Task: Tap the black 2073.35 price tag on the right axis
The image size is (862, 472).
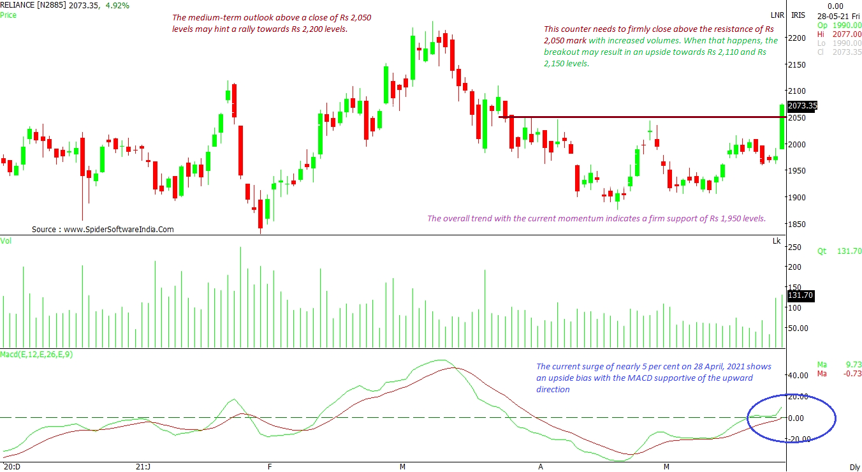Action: (x=802, y=106)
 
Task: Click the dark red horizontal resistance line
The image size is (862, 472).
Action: (x=638, y=117)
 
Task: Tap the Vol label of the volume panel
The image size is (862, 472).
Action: (x=6, y=240)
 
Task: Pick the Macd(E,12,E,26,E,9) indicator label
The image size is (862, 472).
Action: (x=37, y=354)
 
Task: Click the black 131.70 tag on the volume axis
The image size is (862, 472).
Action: (x=801, y=296)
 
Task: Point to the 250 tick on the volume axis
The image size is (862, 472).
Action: (x=796, y=247)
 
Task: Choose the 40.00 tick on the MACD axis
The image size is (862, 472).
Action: (x=799, y=376)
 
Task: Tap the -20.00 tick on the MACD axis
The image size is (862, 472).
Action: (x=798, y=439)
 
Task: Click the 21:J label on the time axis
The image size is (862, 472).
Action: (x=143, y=467)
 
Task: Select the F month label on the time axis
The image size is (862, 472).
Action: (x=270, y=467)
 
